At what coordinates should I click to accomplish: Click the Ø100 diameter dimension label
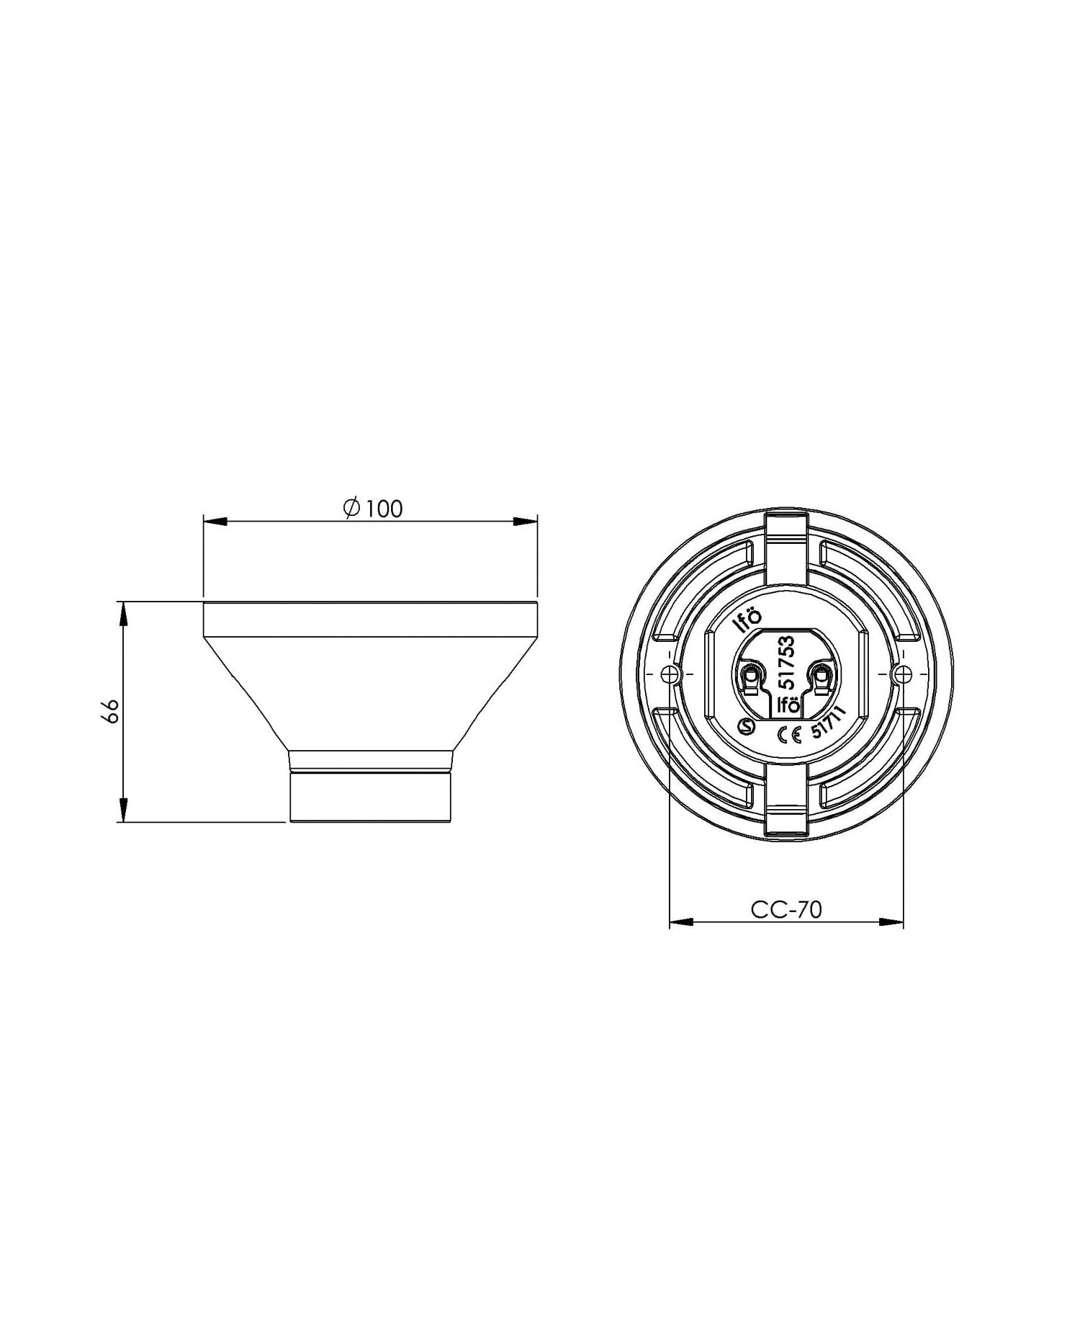373,509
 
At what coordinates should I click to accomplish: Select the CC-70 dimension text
785,910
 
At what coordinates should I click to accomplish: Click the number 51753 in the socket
787,661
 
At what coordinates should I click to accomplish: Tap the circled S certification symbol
748,728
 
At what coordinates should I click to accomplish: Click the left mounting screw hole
670,674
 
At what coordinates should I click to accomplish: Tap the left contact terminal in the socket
751,675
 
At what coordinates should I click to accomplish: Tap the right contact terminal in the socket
820,674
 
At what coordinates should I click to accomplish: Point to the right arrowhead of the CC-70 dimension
892,921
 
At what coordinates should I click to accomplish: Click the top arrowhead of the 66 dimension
124,613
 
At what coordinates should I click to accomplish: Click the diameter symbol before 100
351,508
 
